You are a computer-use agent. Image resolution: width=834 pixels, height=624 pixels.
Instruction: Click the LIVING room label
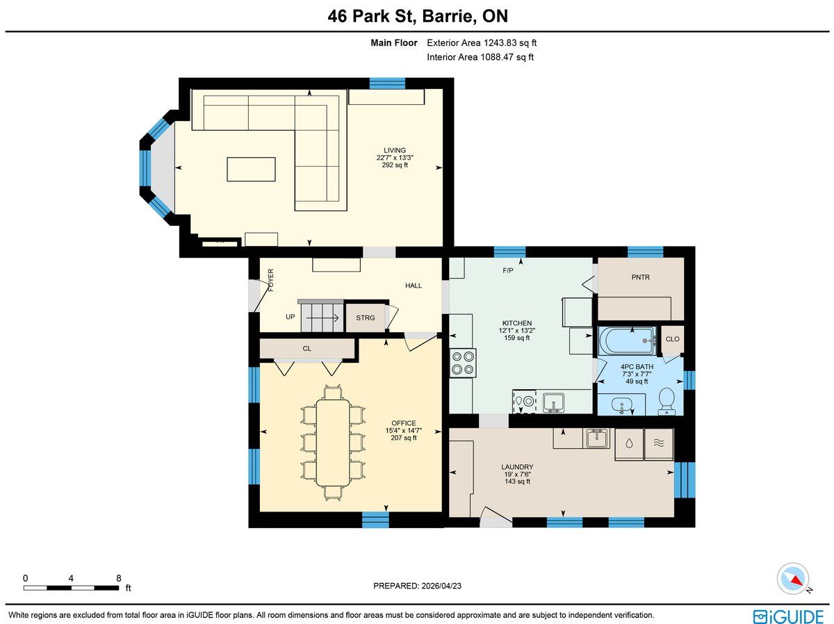(x=394, y=150)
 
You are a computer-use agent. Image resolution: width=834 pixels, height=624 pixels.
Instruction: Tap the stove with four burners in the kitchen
(x=463, y=363)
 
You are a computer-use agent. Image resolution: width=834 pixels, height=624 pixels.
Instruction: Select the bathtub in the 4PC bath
(x=628, y=340)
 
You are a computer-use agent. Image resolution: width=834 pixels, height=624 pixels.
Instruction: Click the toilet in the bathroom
(x=667, y=401)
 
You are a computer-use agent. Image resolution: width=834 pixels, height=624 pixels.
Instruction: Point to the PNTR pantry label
(x=640, y=277)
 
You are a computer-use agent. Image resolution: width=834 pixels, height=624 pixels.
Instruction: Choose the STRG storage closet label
(x=365, y=318)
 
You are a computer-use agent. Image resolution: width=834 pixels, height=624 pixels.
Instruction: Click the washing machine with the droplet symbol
(x=629, y=444)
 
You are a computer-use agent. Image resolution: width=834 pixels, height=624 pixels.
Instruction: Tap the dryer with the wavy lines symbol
(x=659, y=444)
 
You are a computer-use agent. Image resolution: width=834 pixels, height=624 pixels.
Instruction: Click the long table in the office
(x=333, y=443)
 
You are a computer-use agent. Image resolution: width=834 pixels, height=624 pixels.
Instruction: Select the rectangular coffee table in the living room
(x=251, y=170)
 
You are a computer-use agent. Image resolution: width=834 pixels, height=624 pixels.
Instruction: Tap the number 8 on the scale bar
(x=119, y=578)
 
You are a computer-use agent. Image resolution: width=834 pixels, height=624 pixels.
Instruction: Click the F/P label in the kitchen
(x=507, y=270)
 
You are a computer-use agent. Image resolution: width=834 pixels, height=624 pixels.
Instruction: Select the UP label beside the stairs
(x=290, y=317)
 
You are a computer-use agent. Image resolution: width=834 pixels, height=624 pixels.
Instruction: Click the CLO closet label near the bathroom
(x=672, y=339)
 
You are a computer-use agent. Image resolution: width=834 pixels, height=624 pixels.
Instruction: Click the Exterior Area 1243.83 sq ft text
(x=482, y=43)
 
